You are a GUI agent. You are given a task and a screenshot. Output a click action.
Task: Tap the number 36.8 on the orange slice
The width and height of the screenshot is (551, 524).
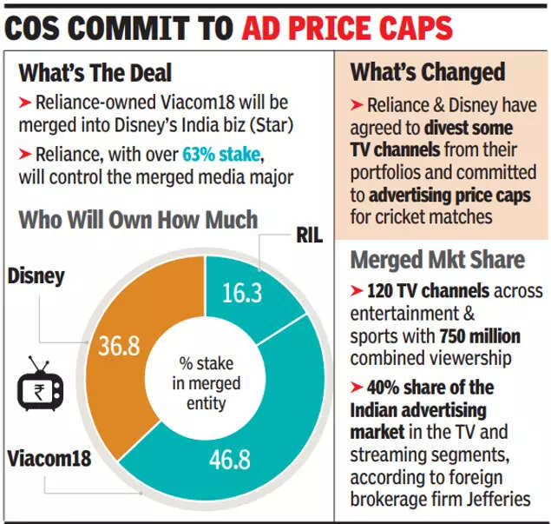[118, 346]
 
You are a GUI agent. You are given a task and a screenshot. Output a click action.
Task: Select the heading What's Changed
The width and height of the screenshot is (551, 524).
[427, 72]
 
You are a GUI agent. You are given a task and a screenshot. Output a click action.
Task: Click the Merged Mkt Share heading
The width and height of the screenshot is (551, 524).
[436, 258]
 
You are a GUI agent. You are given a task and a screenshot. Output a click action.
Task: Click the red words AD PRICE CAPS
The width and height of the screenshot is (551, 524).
[347, 28]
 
